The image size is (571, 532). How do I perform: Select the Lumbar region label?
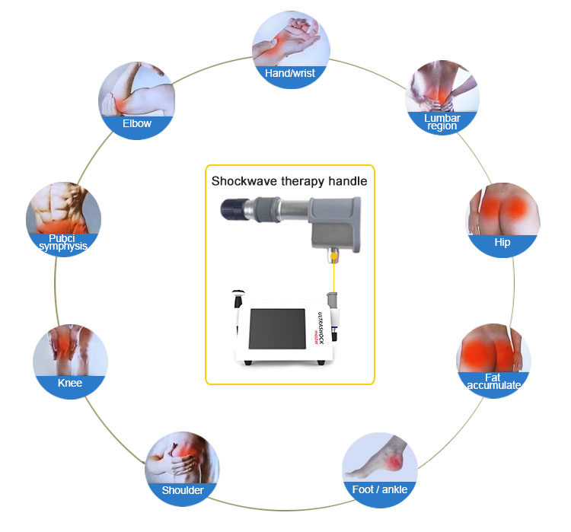(x=442, y=122)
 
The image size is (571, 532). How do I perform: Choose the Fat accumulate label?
(x=493, y=381)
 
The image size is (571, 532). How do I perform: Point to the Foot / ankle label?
(x=379, y=489)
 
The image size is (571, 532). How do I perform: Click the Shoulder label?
(x=182, y=489)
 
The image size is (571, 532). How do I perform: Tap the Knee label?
(x=70, y=383)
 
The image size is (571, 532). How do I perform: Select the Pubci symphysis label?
(x=63, y=241)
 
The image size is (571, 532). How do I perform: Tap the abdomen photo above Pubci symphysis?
(x=64, y=209)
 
